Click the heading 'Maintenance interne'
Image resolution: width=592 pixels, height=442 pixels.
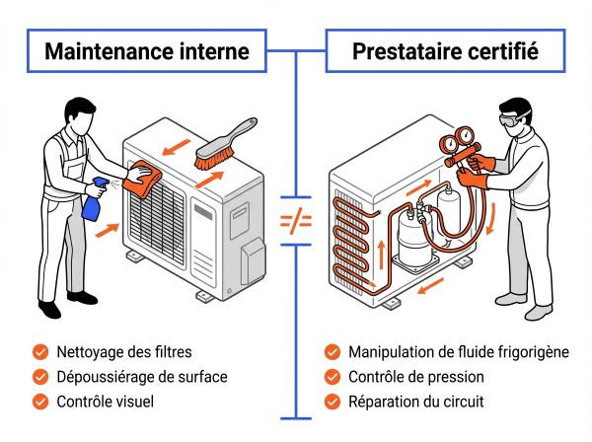point(147,50)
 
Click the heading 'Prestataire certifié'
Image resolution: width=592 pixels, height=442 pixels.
point(445,50)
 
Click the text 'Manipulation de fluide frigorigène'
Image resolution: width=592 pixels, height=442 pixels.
point(458,351)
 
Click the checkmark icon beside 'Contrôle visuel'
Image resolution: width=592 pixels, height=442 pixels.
point(39,401)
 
